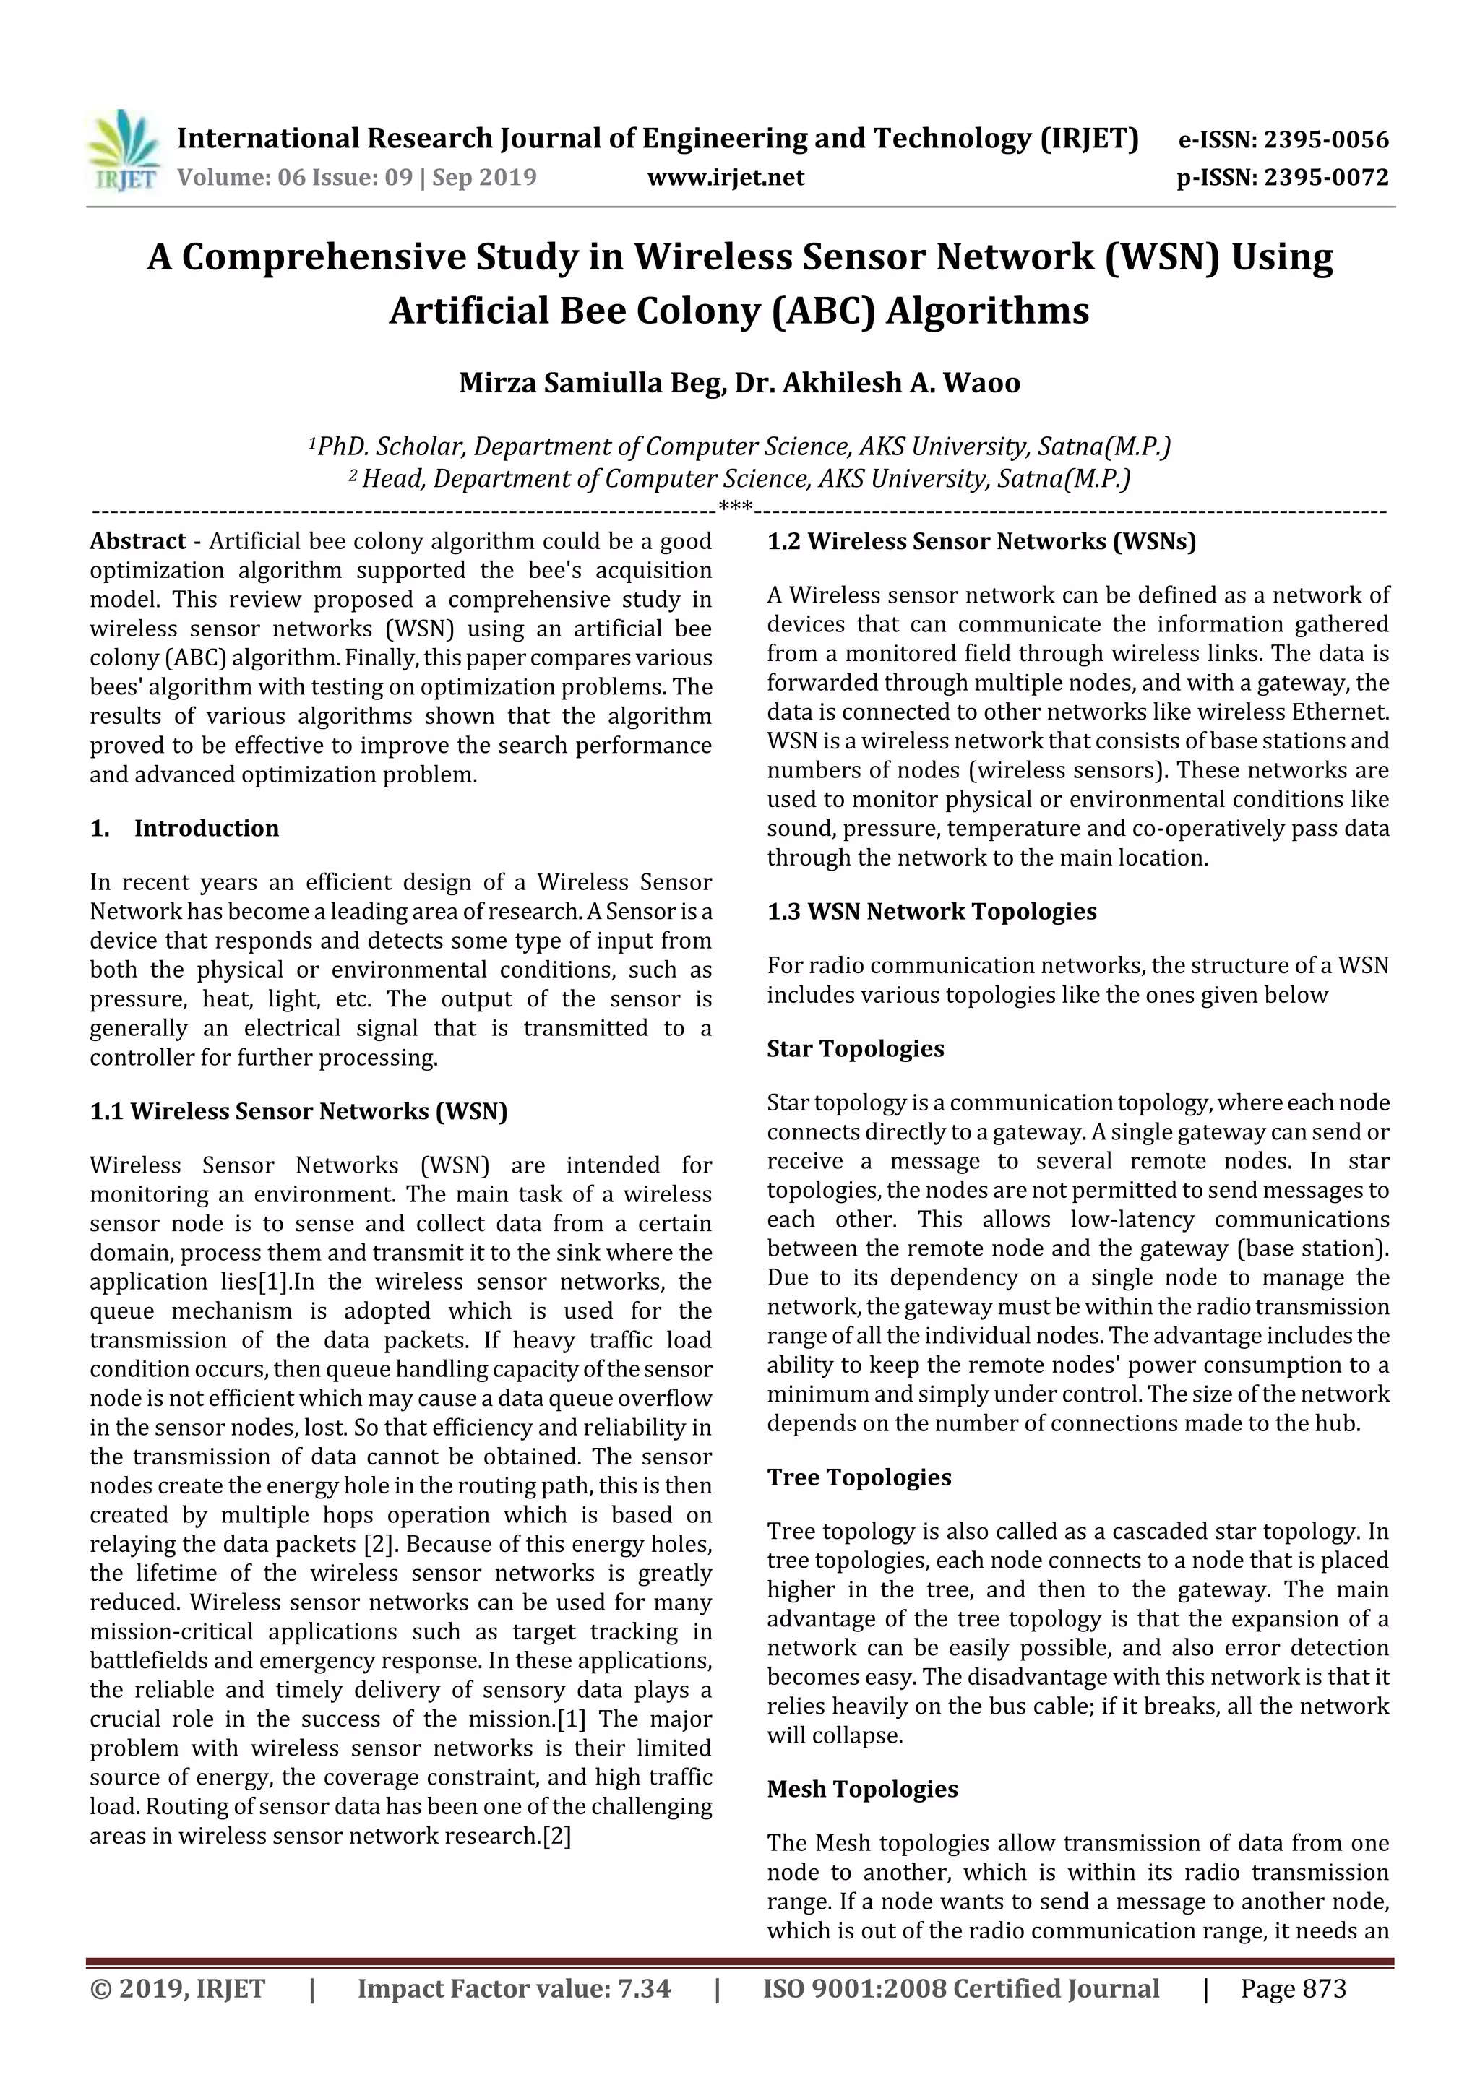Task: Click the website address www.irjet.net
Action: (x=726, y=178)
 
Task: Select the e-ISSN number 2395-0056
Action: (x=1326, y=139)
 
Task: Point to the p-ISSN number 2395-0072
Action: (x=1326, y=178)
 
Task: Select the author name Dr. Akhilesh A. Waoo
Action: (x=877, y=382)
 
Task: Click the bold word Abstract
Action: (x=138, y=541)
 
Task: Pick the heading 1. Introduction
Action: (x=184, y=828)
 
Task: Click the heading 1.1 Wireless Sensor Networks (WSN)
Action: (x=298, y=1110)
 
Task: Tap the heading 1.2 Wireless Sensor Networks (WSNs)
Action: (x=981, y=541)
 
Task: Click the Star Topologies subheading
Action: (x=856, y=1048)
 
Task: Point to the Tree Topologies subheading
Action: (x=859, y=1477)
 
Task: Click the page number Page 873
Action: (x=1293, y=1988)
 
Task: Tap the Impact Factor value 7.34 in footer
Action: (x=644, y=1988)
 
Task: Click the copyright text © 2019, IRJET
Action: (x=178, y=1988)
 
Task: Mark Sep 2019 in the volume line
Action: (x=484, y=178)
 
